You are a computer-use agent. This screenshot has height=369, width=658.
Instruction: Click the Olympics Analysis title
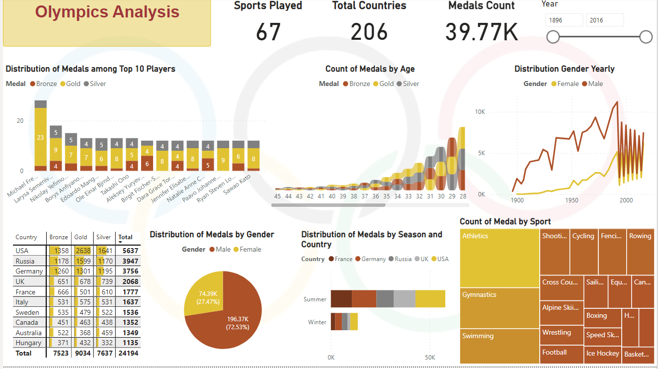click(107, 12)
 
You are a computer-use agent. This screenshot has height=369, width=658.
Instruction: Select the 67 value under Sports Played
click(268, 32)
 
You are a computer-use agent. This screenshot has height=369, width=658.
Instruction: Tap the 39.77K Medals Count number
click(481, 32)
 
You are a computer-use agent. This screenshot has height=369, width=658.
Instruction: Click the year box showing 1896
click(564, 20)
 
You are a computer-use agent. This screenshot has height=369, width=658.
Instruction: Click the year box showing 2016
click(605, 20)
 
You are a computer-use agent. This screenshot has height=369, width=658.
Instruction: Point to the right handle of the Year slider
click(646, 37)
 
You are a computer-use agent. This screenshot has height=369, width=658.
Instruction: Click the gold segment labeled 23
click(41, 137)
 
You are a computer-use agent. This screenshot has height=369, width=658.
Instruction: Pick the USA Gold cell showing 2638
click(82, 251)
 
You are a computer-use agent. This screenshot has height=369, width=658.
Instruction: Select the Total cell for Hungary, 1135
click(129, 343)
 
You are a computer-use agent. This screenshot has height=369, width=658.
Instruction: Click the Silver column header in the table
click(104, 237)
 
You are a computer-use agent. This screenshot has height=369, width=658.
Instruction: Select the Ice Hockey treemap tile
click(602, 353)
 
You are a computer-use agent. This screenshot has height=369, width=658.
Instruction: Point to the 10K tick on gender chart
click(480, 112)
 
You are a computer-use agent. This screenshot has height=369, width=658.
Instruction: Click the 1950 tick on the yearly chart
click(572, 200)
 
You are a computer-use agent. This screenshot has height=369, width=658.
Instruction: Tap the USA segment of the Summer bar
click(430, 299)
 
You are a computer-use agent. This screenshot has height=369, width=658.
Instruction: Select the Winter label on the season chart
click(317, 322)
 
